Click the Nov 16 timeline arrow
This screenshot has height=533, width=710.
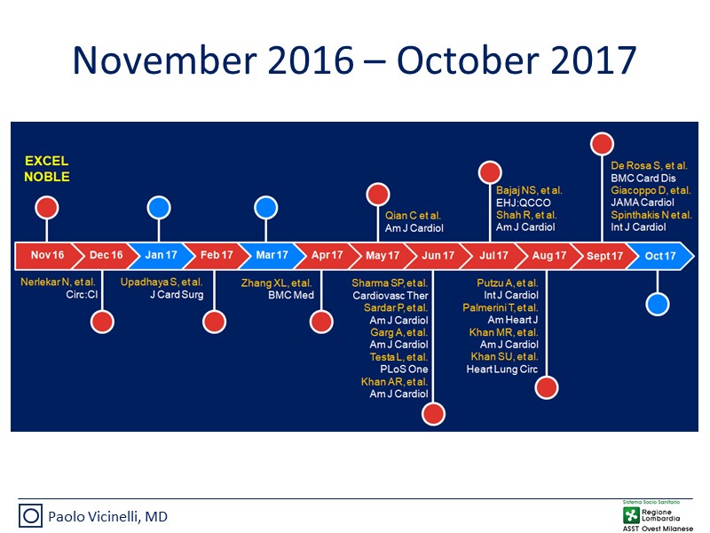[47, 256]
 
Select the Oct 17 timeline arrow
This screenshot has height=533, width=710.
[661, 256]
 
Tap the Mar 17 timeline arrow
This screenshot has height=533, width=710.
[272, 256]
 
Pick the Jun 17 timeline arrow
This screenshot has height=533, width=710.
[438, 256]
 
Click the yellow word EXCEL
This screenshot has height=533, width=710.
[47, 161]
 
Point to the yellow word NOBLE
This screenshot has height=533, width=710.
[47, 177]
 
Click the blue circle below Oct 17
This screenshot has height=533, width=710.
[657, 304]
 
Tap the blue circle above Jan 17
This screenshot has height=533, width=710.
[159, 208]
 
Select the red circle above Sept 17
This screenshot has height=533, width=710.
[602, 144]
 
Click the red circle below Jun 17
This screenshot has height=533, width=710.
[433, 414]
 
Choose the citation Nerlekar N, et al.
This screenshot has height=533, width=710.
[58, 282]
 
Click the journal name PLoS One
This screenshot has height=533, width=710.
[404, 370]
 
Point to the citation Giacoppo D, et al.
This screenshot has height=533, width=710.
[651, 190]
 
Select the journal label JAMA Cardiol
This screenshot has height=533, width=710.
[643, 203]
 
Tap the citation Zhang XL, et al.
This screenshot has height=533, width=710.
[276, 283]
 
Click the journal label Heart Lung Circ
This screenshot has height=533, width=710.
[502, 370]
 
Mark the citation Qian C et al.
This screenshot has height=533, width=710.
[413, 216]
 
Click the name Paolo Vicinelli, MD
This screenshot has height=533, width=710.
[107, 517]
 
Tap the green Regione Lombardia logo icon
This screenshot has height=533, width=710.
[631, 515]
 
